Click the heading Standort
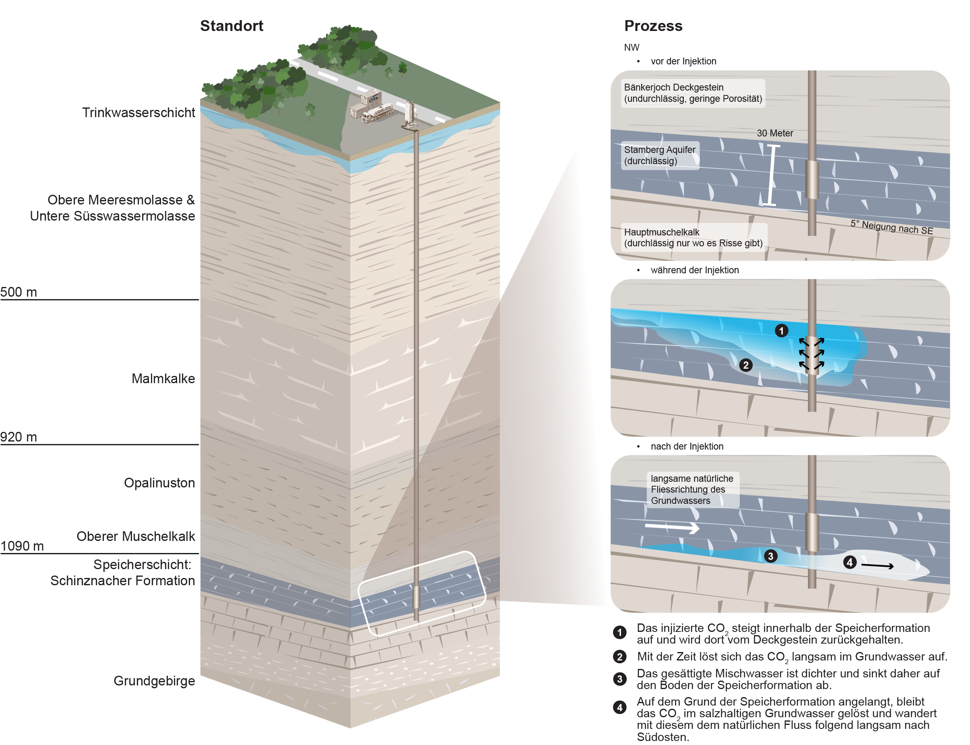click(231, 26)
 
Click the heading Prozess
click(653, 26)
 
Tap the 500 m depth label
click(19, 292)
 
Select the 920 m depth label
click(19, 437)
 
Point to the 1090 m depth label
click(22, 546)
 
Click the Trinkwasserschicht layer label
click(138, 113)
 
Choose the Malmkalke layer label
click(163, 378)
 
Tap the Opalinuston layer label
click(159, 483)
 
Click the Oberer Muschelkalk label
click(136, 536)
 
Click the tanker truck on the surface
click(377, 114)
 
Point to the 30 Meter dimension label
click(774, 133)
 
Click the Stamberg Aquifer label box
click(660, 155)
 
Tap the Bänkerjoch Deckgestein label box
click(693, 93)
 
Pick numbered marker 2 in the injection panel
click(746, 365)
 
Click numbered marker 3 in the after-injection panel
click(770, 556)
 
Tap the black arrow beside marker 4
click(877, 565)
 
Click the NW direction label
click(631, 47)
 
